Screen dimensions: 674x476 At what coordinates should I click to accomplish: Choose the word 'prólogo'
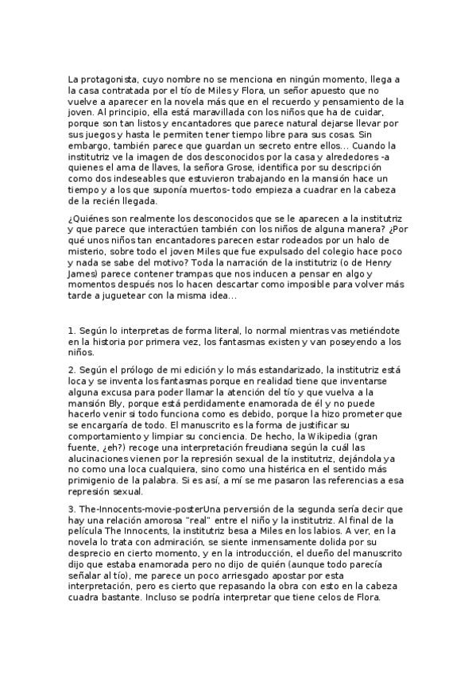tap(141, 370)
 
